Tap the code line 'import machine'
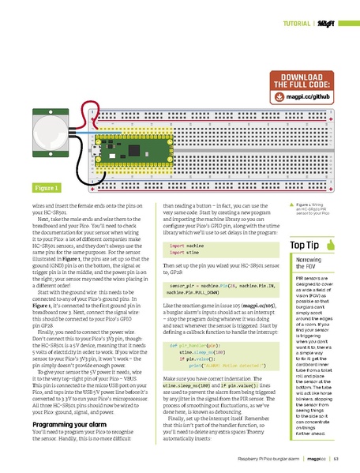pos(187,246)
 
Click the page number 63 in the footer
pos(336,459)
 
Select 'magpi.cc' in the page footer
pos(317,459)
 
